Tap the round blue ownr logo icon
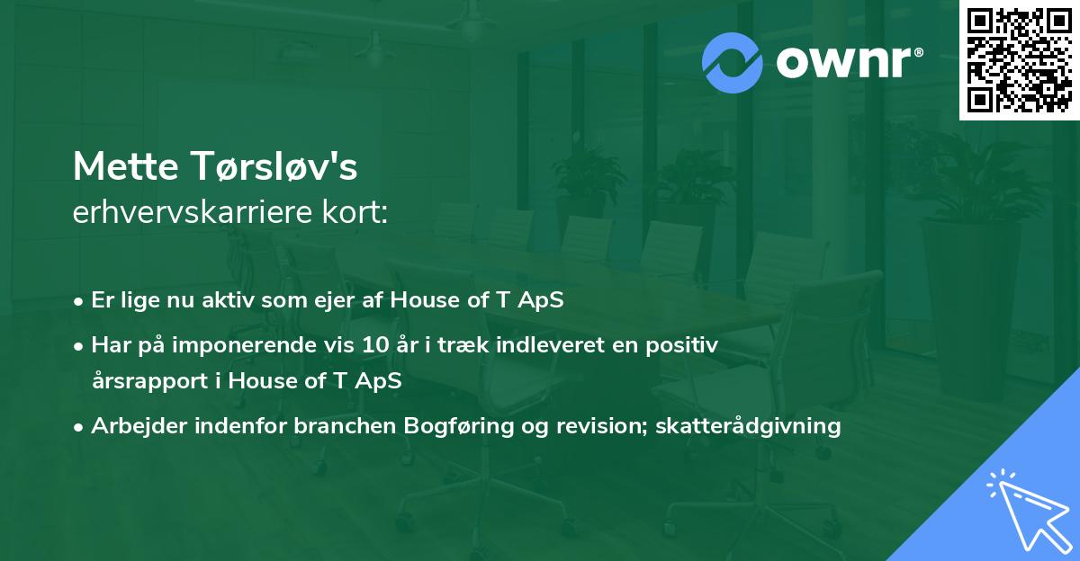click(x=733, y=61)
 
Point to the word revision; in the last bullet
click(x=625, y=425)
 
